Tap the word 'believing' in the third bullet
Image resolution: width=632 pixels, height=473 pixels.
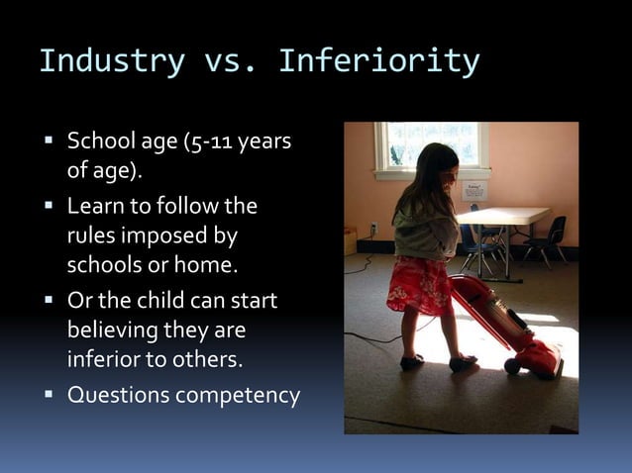point(112,330)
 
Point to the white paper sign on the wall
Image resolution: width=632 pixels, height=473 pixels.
point(474,190)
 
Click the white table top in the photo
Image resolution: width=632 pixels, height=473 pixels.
point(506,215)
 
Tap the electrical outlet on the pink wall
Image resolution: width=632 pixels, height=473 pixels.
point(373,227)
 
